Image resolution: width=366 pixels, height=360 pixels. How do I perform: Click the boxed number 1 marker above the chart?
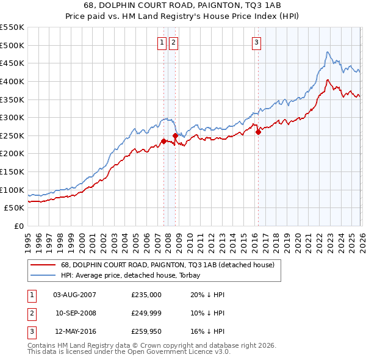click(x=162, y=42)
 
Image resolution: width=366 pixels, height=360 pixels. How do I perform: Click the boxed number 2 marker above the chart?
click(x=173, y=42)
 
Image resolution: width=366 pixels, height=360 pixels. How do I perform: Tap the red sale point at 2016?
click(x=258, y=132)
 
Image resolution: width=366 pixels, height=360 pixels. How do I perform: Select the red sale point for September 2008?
click(x=176, y=135)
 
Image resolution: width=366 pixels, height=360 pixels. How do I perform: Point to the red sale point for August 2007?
click(x=163, y=141)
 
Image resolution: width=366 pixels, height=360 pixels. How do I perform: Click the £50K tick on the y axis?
click(x=15, y=207)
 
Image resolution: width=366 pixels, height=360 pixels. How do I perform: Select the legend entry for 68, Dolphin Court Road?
click(x=168, y=265)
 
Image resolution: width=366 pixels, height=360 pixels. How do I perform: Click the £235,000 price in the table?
click(x=146, y=295)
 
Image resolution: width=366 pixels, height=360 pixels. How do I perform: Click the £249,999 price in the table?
click(x=146, y=314)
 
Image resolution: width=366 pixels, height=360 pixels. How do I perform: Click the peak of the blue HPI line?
click(x=328, y=52)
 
